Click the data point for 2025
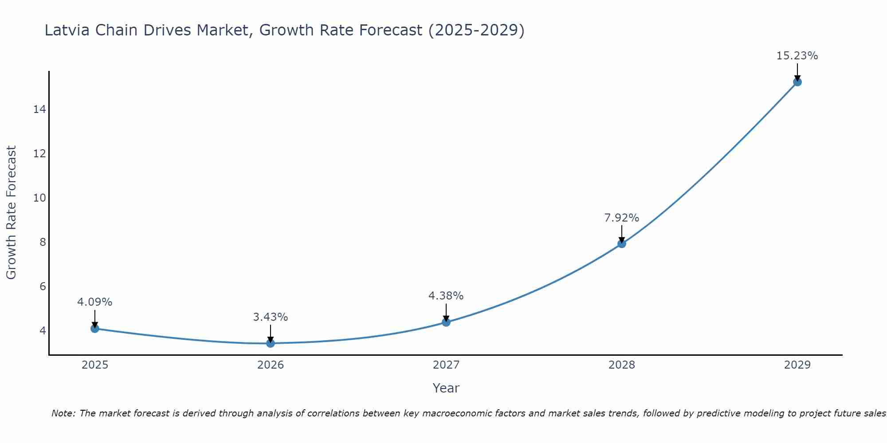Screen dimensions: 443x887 point(94,328)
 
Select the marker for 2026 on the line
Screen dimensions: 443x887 point(271,343)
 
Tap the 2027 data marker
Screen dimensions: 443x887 point(446,322)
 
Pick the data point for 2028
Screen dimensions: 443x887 point(622,244)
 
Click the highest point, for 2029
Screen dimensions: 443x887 point(797,82)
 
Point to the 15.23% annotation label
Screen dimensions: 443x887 point(797,56)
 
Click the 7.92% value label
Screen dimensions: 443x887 point(621,218)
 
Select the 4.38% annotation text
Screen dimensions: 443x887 point(446,296)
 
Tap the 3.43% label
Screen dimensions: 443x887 point(271,317)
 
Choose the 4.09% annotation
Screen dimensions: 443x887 point(94,302)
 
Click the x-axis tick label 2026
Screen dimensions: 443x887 point(271,365)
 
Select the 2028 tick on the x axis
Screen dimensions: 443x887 point(622,365)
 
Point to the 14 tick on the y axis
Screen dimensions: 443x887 point(39,109)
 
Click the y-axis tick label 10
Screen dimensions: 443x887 point(39,198)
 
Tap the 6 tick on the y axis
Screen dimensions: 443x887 point(43,287)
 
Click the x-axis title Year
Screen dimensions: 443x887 point(446,388)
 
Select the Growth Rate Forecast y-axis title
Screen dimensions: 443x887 point(12,213)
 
